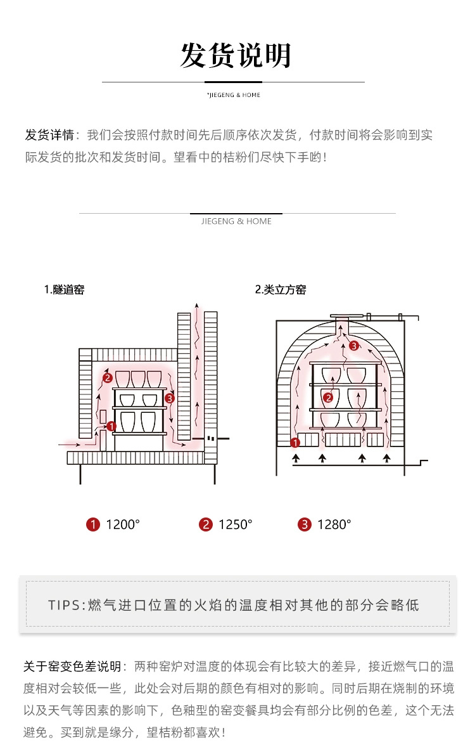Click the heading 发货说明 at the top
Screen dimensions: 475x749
(x=236, y=56)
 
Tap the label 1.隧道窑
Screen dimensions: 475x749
(x=64, y=290)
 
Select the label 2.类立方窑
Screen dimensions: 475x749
(x=281, y=290)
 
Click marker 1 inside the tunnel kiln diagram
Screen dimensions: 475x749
(x=111, y=426)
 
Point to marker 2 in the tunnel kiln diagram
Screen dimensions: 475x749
(x=108, y=378)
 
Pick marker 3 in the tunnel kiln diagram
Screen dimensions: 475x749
(x=168, y=398)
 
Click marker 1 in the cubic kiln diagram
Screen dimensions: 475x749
(x=294, y=443)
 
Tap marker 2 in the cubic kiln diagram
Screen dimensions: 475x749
(x=328, y=398)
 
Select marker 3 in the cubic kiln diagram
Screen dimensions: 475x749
(x=354, y=346)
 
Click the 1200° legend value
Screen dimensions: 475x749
(x=123, y=524)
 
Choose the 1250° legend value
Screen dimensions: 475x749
(x=235, y=524)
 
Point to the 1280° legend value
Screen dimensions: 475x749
(x=334, y=524)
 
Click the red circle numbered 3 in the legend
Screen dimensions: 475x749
(x=305, y=524)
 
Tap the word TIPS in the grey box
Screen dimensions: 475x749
(x=65, y=604)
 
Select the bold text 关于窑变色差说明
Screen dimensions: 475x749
(x=72, y=667)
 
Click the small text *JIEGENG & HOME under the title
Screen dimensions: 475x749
(x=234, y=95)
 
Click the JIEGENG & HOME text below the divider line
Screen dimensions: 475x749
(x=236, y=221)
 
